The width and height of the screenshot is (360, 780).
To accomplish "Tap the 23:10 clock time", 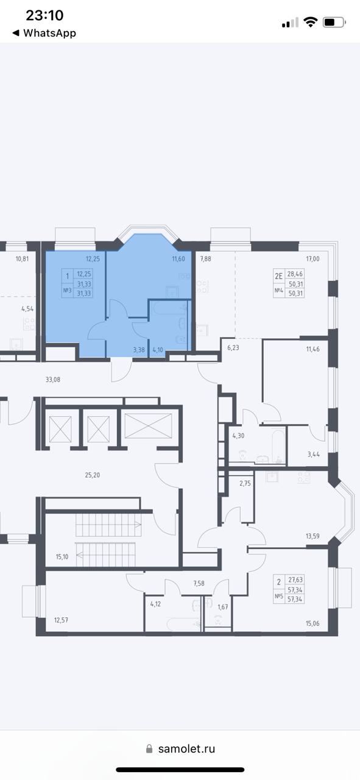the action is point(44,15).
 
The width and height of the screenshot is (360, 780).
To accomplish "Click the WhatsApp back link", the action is point(44,33).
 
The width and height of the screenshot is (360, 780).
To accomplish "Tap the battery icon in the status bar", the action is point(334,23).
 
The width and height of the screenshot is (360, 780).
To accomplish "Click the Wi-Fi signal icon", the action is point(310,22).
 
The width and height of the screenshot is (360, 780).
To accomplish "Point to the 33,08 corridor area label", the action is point(53,380).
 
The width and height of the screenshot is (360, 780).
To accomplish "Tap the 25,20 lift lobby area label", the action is point(92,475).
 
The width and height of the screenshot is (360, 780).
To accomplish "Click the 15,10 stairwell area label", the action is point(62,557).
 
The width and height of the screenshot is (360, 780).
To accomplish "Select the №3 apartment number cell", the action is point(67,290).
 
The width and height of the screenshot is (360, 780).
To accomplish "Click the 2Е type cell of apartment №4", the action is point(278,277).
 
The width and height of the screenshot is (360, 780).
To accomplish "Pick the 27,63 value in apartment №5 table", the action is point(295,580).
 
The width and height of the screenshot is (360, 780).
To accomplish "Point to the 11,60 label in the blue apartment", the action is point(178,259).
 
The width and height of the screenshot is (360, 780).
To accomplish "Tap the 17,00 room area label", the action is point(312,259).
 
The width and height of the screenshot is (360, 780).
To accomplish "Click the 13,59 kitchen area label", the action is point(312,536).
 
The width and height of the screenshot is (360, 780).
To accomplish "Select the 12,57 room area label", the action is point(61,620).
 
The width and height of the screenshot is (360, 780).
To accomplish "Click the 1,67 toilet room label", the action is point(223,608).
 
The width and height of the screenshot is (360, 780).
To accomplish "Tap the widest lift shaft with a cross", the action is point(148,425).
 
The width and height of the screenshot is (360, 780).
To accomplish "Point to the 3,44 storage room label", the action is point(313,454).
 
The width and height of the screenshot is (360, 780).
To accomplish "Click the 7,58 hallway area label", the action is point(199,583).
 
